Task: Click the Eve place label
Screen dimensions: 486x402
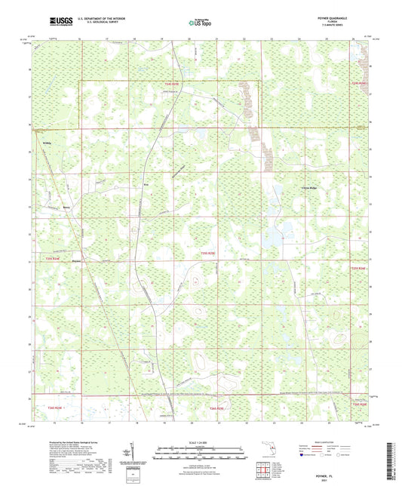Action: click(137, 183)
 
